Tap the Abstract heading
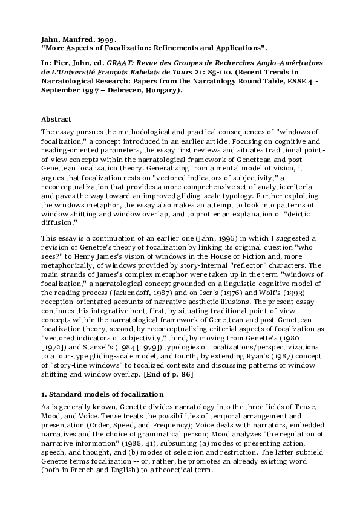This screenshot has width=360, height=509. (56, 119)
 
